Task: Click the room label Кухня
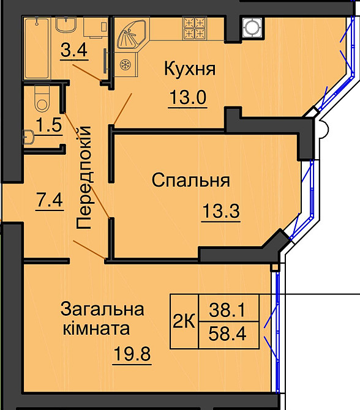189,69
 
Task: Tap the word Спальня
190,181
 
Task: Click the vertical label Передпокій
84,177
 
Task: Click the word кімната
97,329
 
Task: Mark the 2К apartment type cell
184,321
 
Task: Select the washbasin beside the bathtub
65,27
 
